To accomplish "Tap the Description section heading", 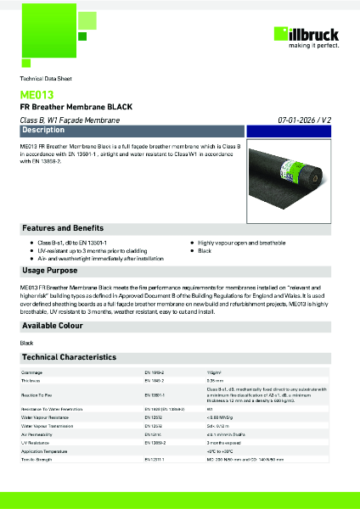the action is pyautogui.click(x=43, y=131).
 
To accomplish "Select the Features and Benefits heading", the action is pyautogui.click(x=63, y=229).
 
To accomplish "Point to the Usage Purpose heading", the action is pyautogui.click(x=51, y=270).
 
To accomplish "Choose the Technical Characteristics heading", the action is pyautogui.click(x=69, y=357).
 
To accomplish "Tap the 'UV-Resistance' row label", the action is pyautogui.click(x=33, y=442).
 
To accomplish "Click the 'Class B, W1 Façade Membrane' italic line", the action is pyautogui.click(x=70, y=121).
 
